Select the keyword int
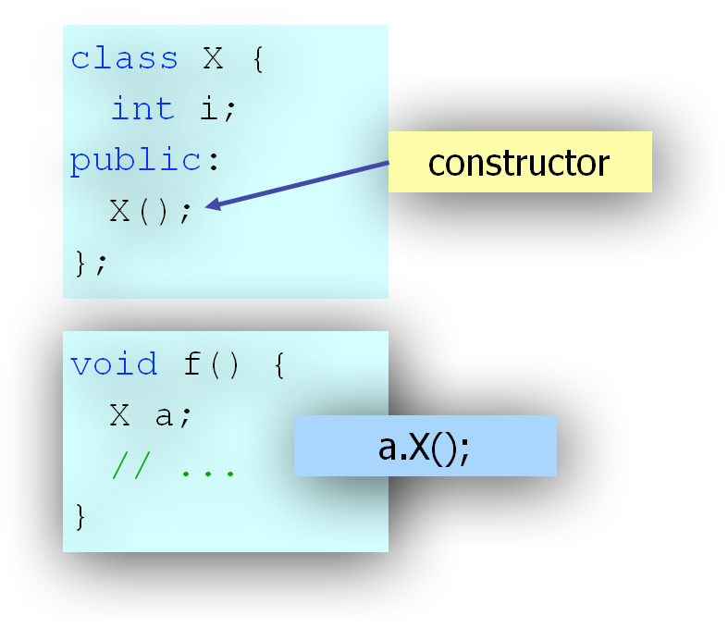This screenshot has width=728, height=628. pos(142,109)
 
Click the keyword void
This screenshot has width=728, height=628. pos(114,363)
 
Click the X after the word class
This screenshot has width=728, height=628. pos(213,58)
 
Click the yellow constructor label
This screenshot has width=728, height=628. pos(519,163)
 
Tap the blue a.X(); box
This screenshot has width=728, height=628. pos(425,447)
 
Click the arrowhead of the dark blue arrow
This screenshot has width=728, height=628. pos(212,205)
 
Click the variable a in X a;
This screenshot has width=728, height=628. pos(165,416)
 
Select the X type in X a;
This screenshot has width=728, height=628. pos(120,416)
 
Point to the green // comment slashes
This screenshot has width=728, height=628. pos(131,468)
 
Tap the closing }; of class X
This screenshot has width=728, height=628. pos(91,264)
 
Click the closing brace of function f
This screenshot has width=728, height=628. pos(80,516)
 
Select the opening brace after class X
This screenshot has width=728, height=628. pos(259,59)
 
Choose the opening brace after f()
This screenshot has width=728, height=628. pos(280,364)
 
